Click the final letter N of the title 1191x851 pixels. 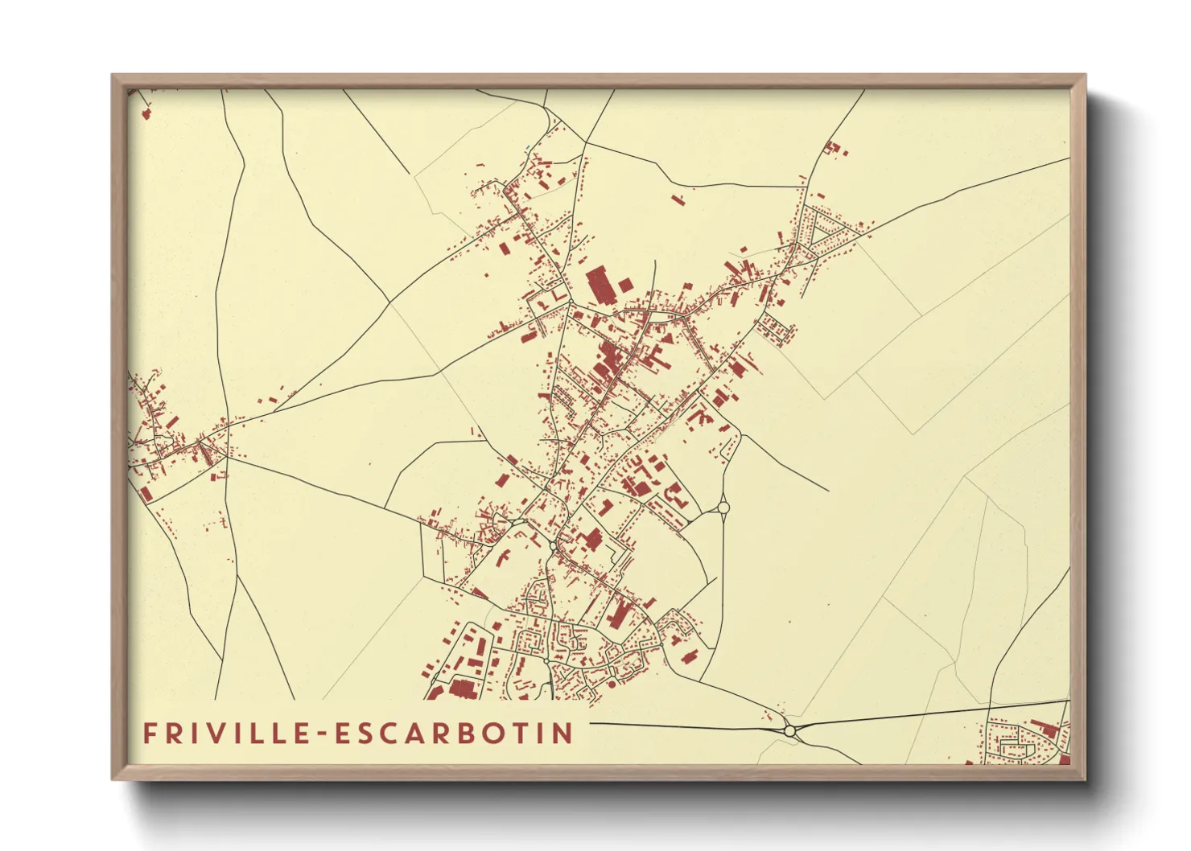pos(563,733)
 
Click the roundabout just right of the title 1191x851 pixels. pos(789,730)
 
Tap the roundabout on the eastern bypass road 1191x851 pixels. pos(723,507)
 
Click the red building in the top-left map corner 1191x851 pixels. pos(146,113)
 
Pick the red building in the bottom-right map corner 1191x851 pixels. pos(1065,758)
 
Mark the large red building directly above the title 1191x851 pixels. pos(461,688)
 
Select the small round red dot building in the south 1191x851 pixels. pos(612,684)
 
